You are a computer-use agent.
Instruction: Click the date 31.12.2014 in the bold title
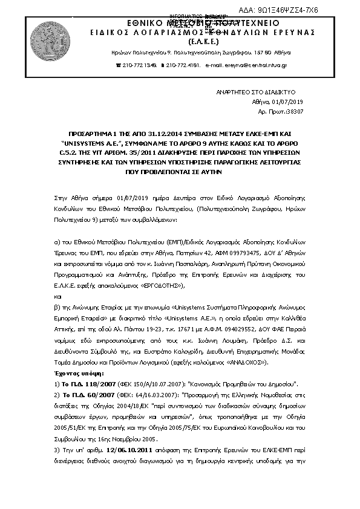[x=165, y=130]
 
